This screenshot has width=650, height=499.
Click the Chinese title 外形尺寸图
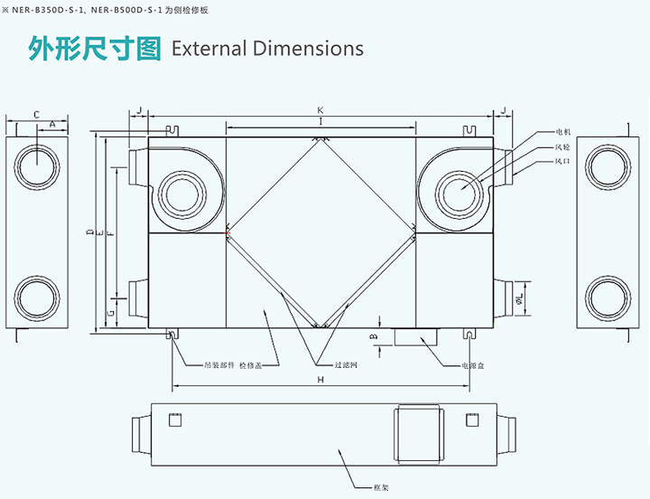tap(95, 48)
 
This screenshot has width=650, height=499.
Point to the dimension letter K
tap(320, 109)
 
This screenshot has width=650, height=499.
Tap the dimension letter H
tap(320, 380)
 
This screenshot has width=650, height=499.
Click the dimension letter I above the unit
tap(320, 121)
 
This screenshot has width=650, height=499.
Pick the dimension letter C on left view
tap(36, 114)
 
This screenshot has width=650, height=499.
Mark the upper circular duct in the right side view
tap(608, 165)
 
